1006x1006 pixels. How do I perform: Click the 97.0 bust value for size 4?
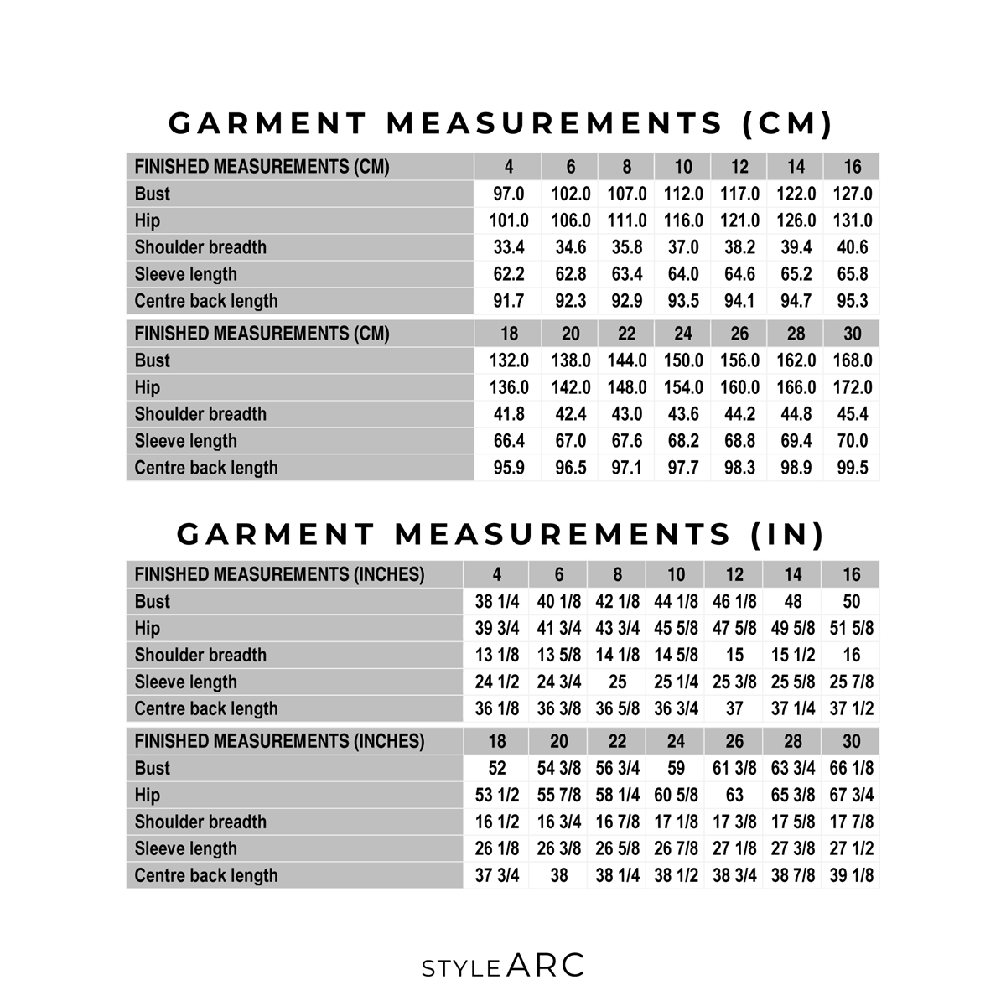pyautogui.click(x=509, y=194)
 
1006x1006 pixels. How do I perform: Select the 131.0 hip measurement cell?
pyautogui.click(x=852, y=220)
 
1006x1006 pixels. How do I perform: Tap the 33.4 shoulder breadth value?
pyautogui.click(x=509, y=247)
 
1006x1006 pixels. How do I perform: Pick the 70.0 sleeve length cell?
pyautogui.click(x=852, y=441)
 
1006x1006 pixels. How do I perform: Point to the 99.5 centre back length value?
pyautogui.click(x=852, y=468)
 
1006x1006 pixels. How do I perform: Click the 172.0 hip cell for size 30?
pyautogui.click(x=852, y=387)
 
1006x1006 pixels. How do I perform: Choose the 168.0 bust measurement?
pyautogui.click(x=852, y=360)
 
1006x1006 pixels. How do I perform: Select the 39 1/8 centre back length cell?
pyautogui.click(x=851, y=875)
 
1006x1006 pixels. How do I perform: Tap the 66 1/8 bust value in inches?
pyautogui.click(x=851, y=768)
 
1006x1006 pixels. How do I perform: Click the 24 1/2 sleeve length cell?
pyautogui.click(x=497, y=682)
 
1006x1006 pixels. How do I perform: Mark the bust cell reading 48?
pyautogui.click(x=792, y=601)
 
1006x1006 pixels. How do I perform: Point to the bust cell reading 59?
pyautogui.click(x=676, y=768)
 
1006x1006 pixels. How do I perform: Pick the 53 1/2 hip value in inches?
pyautogui.click(x=497, y=795)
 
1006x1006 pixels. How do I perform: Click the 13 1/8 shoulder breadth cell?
pyautogui.click(x=497, y=655)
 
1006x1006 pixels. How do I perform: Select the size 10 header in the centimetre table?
pyautogui.click(x=683, y=166)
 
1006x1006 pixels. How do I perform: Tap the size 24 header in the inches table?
pyautogui.click(x=676, y=741)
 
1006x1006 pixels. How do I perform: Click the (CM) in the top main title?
pyautogui.click(x=788, y=124)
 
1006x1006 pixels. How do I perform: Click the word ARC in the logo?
pyautogui.click(x=546, y=966)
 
